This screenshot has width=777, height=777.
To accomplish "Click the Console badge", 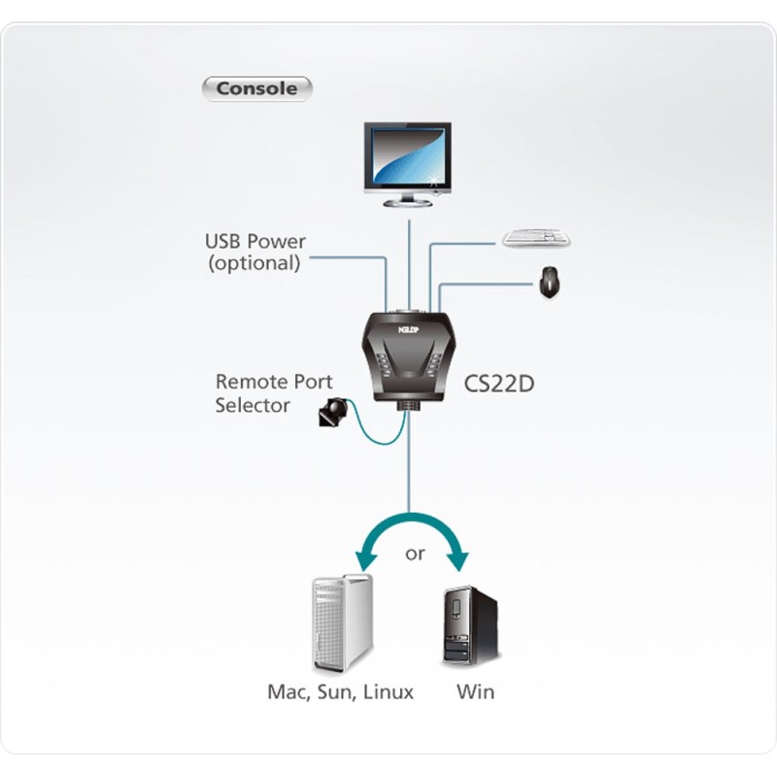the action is (256, 88).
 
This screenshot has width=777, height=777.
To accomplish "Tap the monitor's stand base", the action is (407, 203).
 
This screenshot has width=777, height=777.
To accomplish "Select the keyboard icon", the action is (536, 238).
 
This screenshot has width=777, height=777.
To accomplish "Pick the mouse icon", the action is (549, 282).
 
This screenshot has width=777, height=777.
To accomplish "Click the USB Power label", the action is (255, 241).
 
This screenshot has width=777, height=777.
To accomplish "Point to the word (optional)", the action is (254, 263).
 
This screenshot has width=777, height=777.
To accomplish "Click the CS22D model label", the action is (499, 384).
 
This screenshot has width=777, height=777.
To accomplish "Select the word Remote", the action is (251, 382).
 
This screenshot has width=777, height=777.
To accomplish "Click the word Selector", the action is (253, 405).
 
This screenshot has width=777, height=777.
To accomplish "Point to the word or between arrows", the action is (415, 553).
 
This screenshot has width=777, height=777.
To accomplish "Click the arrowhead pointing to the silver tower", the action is (366, 560).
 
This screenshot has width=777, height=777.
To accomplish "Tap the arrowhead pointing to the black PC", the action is (456, 560).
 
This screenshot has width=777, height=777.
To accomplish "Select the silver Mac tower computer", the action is (343, 624).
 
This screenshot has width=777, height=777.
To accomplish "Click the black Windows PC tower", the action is (470, 625).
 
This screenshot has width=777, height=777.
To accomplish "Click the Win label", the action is (475, 692).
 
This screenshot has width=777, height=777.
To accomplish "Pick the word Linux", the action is (388, 692).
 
